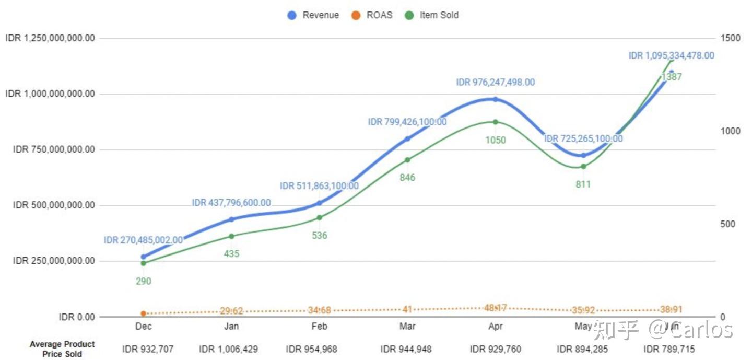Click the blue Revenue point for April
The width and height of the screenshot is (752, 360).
495,99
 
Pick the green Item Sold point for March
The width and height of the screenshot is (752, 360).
407,160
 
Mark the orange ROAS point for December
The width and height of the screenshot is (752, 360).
144,313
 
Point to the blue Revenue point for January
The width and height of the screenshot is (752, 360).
231,219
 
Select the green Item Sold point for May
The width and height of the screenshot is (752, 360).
583,167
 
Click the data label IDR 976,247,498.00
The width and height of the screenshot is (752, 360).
495,83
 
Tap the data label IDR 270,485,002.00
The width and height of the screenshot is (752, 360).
144,240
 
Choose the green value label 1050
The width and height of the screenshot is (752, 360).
495,140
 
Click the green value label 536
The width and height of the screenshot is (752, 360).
320,236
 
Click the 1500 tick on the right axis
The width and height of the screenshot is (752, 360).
730,38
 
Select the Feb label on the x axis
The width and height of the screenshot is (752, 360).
320,327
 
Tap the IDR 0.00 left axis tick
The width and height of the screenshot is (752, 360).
77,317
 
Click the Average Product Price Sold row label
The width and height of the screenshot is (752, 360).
62,349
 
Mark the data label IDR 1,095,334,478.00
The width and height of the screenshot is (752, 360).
671,56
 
